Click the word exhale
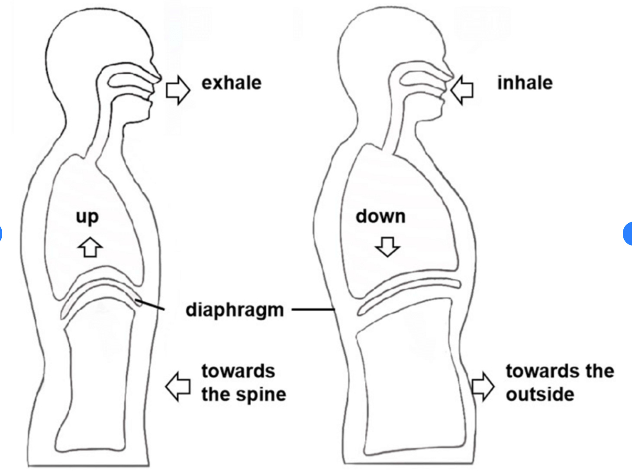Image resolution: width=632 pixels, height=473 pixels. pos(232,83)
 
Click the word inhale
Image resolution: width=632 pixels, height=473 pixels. pos(525,83)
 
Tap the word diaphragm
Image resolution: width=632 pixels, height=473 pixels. pos(234,310)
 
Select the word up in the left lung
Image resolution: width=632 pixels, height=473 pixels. pos(87,217)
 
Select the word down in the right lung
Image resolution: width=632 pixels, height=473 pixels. pos(380,216)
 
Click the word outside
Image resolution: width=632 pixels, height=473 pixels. pos(540,394)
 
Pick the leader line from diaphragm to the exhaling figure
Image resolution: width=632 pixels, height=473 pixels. pos(151,305)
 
